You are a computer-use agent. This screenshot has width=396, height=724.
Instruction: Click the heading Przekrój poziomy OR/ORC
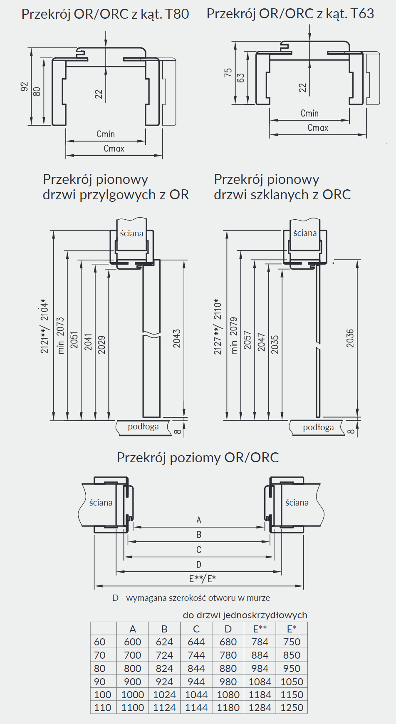tap(198, 458)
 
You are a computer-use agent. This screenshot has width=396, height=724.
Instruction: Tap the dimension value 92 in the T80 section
tap(25, 87)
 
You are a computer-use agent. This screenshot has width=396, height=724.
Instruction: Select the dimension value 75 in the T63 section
tap(228, 72)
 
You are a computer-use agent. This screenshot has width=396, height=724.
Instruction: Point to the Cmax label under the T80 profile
tap(114, 149)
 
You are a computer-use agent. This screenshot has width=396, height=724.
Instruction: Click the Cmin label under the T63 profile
tap(309, 113)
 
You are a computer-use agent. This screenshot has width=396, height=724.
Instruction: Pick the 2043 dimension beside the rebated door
tap(177, 338)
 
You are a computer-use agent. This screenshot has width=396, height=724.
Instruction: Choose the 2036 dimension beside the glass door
tap(350, 338)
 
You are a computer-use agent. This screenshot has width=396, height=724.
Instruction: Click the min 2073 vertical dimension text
tap(61, 336)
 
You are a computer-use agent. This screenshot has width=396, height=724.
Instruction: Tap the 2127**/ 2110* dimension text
tap(218, 327)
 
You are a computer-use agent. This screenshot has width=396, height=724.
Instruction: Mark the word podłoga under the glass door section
tap(318, 427)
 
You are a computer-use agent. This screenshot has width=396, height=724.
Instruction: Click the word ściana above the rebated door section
tap(131, 233)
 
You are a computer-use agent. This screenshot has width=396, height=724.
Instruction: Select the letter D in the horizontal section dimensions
tap(199, 565)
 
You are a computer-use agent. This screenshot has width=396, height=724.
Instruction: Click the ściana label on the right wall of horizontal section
tap(297, 503)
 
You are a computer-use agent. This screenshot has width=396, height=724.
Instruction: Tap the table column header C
tap(196, 629)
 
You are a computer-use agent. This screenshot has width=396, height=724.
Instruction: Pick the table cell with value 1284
tap(260, 708)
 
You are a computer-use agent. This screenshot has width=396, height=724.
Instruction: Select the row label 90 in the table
tap(100, 682)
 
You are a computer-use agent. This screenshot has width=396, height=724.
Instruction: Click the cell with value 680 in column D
tap(228, 642)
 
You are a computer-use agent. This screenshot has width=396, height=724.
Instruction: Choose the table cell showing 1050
tap(292, 682)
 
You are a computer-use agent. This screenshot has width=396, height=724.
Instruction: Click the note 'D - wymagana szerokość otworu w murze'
tap(191, 598)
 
